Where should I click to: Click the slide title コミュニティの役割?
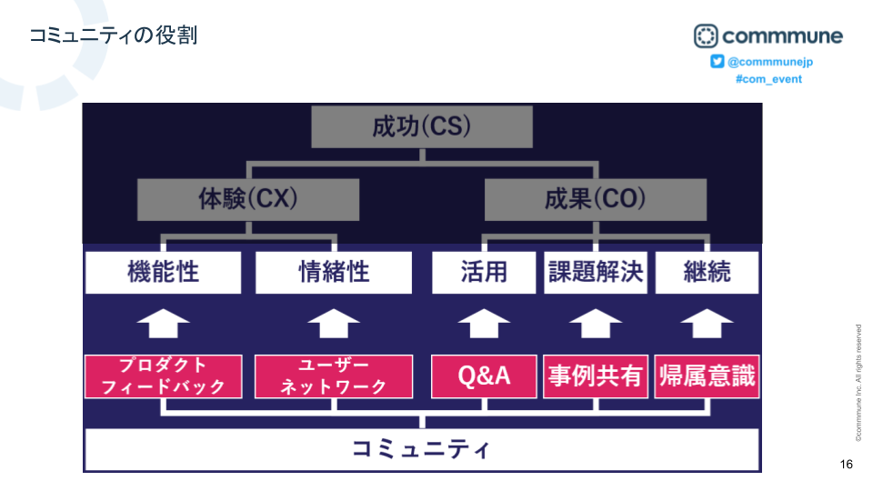[x=113, y=35]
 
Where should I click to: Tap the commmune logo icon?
[x=706, y=36]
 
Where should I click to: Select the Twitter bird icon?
[x=717, y=61]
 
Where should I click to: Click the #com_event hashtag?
[x=768, y=79]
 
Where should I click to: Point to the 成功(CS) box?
[x=421, y=127]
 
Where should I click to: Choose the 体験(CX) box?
[x=248, y=199]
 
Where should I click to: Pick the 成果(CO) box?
[x=595, y=199]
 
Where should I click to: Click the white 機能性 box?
[x=163, y=272]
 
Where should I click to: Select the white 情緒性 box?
[x=334, y=272]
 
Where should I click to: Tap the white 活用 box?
[x=484, y=272]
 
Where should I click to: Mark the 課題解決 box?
[x=596, y=272]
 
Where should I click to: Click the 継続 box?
[x=707, y=272]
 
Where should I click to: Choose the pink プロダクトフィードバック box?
[x=163, y=376]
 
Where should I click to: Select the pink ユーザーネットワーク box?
[x=334, y=376]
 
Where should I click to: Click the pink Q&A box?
[x=484, y=376]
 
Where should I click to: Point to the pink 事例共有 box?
[x=596, y=376]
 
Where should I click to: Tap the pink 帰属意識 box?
[x=707, y=376]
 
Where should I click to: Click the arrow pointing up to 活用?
[x=484, y=323]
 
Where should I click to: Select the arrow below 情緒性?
[x=334, y=323]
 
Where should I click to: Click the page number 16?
[x=847, y=465]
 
